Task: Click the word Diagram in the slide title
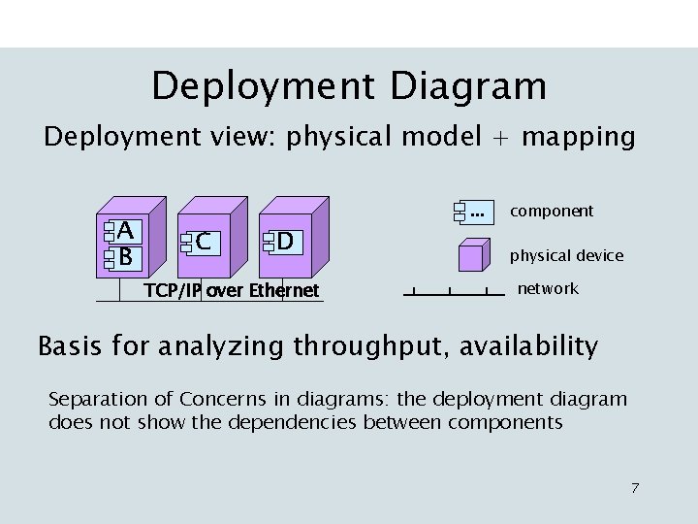click(x=468, y=86)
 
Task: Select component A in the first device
click(x=123, y=231)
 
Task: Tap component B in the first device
click(x=123, y=257)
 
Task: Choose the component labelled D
click(x=285, y=240)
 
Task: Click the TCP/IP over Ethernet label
click(x=231, y=290)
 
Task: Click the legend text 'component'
click(x=552, y=211)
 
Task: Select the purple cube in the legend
click(x=473, y=255)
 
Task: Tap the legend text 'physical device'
click(x=567, y=256)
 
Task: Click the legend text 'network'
click(x=548, y=288)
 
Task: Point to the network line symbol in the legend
click(x=451, y=291)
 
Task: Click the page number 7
click(x=635, y=487)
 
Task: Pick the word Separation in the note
click(x=94, y=399)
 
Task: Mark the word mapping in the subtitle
click(x=578, y=138)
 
